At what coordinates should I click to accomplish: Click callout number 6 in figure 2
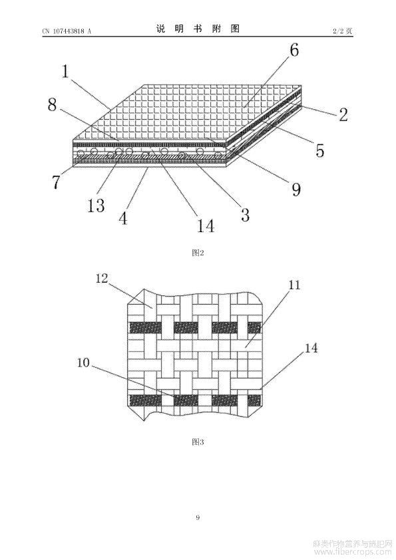point(294,50)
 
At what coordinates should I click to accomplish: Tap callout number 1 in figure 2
point(65,71)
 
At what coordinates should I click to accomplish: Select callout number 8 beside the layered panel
point(52,104)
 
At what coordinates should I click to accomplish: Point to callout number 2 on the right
point(343,114)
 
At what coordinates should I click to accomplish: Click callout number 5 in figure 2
point(320,150)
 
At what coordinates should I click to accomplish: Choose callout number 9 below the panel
point(296,189)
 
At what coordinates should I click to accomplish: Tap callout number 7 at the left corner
point(57,182)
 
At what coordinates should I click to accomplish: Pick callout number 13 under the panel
point(96,206)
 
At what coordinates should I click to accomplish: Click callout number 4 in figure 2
point(123,218)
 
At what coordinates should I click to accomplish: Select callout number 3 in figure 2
point(245,214)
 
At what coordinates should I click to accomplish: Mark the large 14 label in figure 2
point(206,225)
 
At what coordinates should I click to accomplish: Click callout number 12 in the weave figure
point(102,279)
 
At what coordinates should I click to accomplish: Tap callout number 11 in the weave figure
point(294,285)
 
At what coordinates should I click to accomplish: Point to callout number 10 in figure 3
point(83,363)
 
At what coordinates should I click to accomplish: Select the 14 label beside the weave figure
point(311,348)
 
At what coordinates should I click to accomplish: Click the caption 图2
point(198,253)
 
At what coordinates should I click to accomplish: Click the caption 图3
point(198,442)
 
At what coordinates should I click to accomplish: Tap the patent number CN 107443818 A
point(67,31)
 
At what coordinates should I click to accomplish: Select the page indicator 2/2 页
point(342,31)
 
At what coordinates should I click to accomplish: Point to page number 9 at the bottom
point(198,517)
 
